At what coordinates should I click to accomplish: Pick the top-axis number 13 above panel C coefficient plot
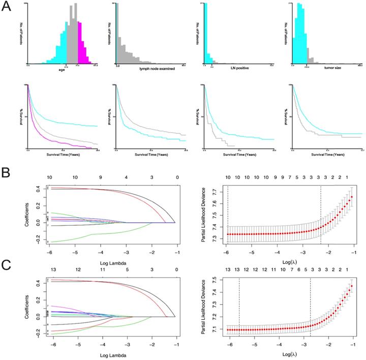pyautogui.click(x=50, y=269)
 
